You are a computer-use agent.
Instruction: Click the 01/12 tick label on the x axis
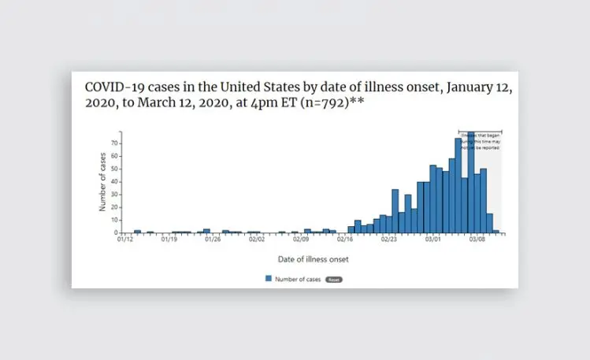coord(124,239)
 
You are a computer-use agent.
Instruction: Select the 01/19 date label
coord(169,239)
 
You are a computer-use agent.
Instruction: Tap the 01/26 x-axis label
coord(213,239)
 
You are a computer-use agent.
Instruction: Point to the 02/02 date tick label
coord(257,239)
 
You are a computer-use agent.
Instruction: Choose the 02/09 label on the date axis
coord(300,239)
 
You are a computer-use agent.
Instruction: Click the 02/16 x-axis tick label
coord(344,239)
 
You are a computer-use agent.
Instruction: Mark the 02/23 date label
coord(388,239)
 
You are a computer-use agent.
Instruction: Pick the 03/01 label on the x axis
coord(432,239)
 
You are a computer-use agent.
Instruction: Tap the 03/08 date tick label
coord(477,239)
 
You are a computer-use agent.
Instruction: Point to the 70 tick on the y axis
coord(114,143)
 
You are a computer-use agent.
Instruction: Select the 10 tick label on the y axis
coord(114,220)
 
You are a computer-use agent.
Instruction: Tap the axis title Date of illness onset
coord(313,258)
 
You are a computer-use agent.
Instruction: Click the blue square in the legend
coord(269,278)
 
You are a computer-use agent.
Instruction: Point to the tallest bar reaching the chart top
coord(470,181)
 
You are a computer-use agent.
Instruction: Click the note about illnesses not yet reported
coord(480,142)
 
